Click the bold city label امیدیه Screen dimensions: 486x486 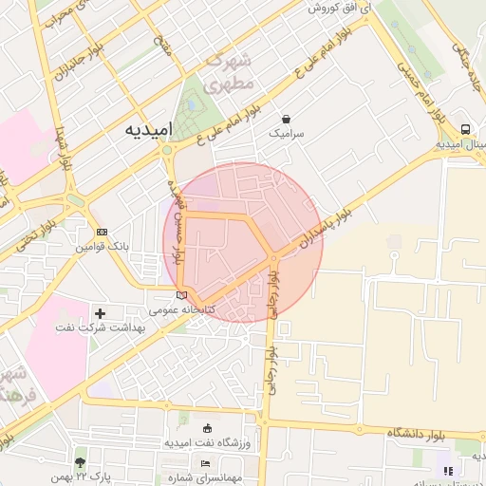pos(152,133)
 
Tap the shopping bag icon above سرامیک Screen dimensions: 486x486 pos(286,120)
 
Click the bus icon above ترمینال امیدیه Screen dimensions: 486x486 pos(465,129)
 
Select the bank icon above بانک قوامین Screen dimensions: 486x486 pos(103,232)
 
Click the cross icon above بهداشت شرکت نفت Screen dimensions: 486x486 pos(101,312)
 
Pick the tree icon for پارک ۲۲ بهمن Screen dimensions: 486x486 pos(80,461)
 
